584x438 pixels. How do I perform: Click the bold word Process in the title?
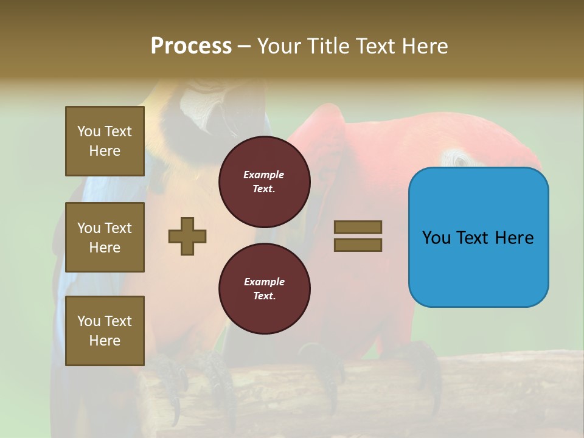[x=191, y=46]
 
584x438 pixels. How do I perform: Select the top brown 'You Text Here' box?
[x=105, y=141]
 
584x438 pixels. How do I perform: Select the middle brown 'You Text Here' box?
[x=105, y=237]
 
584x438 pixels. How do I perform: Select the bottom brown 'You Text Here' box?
[x=105, y=330]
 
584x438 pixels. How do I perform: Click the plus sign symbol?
[x=187, y=236]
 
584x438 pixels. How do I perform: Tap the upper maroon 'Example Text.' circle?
[x=264, y=182]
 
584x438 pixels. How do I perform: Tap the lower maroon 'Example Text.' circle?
[x=264, y=288]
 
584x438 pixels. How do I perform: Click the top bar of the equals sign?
[x=358, y=227]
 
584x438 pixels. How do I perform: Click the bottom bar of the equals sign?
[x=358, y=245]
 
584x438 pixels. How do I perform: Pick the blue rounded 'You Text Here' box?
[x=478, y=237]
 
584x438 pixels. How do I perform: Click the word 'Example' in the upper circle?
[x=264, y=175]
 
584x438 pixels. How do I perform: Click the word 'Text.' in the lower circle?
[x=264, y=296]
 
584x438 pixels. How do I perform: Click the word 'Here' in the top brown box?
[x=105, y=151]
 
